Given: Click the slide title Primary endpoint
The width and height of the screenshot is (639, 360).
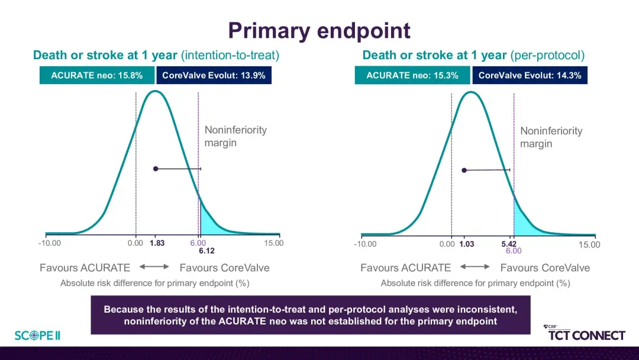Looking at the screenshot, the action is pos(319,31).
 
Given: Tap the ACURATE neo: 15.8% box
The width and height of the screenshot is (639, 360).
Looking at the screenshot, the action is pos(97,75).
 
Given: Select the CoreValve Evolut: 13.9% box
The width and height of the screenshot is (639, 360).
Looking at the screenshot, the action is pos(214,75).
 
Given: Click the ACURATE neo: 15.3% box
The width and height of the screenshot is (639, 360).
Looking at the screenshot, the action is pos(412,75).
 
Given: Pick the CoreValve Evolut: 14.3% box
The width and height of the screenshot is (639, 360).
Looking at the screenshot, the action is pos(530,75).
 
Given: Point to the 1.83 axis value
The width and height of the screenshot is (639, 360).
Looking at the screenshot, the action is pos(157,243).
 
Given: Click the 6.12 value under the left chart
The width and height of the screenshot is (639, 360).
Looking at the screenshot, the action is pos(206,250).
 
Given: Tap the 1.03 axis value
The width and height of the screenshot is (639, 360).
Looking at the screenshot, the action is pos(467,244).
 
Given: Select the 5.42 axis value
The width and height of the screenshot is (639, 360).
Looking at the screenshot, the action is pos(509,244).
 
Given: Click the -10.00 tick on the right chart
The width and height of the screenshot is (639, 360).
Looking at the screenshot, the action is pos(365,244).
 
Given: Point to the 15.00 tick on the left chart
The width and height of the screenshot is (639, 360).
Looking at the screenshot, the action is pos(273,243).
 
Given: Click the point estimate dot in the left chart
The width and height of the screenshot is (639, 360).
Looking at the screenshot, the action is pos(156,169).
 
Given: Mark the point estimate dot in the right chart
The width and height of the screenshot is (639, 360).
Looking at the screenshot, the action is pos(464,171).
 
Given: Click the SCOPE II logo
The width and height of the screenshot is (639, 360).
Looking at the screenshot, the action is pos(37,336).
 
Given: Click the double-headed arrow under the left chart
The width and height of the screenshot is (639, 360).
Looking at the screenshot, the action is pos(154,266).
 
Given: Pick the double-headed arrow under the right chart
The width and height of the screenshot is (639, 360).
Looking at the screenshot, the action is pos(475,266).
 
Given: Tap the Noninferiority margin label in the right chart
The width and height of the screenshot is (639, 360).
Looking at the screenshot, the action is pos(551,137).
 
